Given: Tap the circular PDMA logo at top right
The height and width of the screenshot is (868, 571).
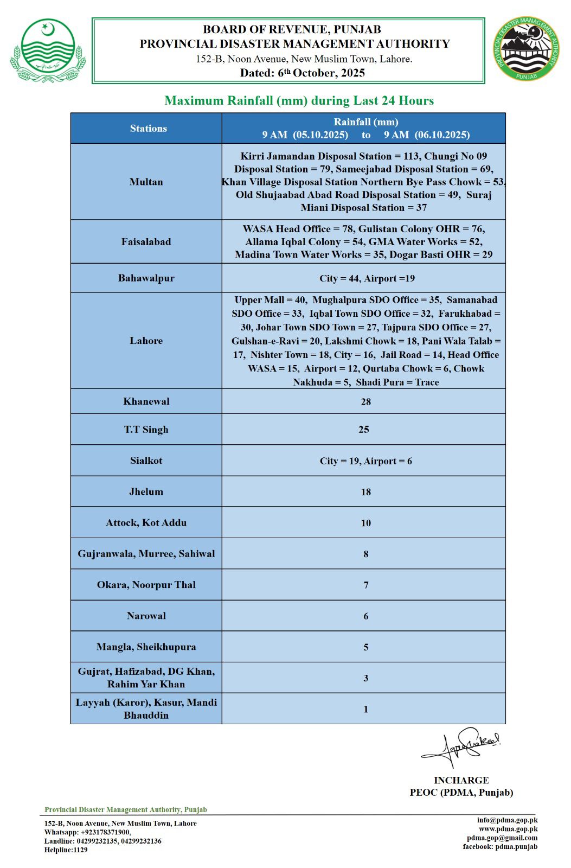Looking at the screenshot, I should click(526, 49).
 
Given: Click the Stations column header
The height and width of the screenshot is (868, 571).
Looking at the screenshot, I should click(148, 129).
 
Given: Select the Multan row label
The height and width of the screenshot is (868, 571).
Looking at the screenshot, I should click(146, 182).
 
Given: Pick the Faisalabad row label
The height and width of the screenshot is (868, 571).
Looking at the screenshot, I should click(146, 242).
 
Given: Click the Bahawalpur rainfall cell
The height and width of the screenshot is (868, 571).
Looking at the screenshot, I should click(367, 278).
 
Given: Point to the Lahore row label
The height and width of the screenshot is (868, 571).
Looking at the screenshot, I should click(146, 341).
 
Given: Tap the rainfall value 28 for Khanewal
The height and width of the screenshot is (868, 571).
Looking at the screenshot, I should click(366, 402).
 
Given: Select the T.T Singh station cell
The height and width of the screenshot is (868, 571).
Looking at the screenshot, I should click(146, 430).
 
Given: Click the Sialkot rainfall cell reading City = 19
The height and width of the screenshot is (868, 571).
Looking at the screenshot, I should click(365, 461).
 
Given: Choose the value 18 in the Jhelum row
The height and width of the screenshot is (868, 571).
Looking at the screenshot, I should click(366, 492).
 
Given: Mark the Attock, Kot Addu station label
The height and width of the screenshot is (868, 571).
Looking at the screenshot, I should click(146, 523).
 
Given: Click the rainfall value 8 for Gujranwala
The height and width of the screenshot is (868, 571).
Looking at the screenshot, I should click(366, 554).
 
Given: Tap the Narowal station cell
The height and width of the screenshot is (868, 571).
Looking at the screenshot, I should click(146, 616).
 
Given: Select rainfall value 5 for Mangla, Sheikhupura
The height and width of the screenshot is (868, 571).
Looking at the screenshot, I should click(366, 647).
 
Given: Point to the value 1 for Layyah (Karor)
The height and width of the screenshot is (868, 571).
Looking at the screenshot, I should click(366, 710).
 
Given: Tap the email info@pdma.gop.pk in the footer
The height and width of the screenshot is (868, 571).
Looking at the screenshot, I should click(507, 820).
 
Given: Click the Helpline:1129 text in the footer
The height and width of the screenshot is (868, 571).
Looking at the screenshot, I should click(66, 850).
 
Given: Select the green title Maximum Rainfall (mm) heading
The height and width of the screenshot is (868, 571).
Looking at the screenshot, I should click(299, 101).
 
